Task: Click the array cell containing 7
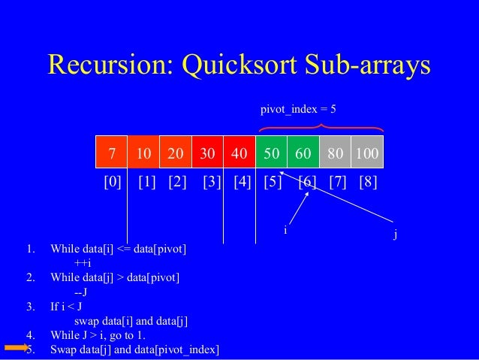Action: (x=111, y=154)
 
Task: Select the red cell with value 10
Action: (x=144, y=154)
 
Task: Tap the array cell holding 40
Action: (x=239, y=154)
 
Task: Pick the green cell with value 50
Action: (x=272, y=154)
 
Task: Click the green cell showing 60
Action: (x=303, y=154)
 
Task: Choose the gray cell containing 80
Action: (x=335, y=154)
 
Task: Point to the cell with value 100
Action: (x=367, y=154)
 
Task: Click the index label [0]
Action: (x=112, y=183)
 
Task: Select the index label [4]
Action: (x=242, y=183)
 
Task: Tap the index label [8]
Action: (x=368, y=183)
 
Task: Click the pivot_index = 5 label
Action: (x=298, y=110)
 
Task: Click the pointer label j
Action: (x=396, y=234)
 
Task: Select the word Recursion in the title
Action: (x=105, y=65)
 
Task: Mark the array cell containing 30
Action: (x=208, y=154)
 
